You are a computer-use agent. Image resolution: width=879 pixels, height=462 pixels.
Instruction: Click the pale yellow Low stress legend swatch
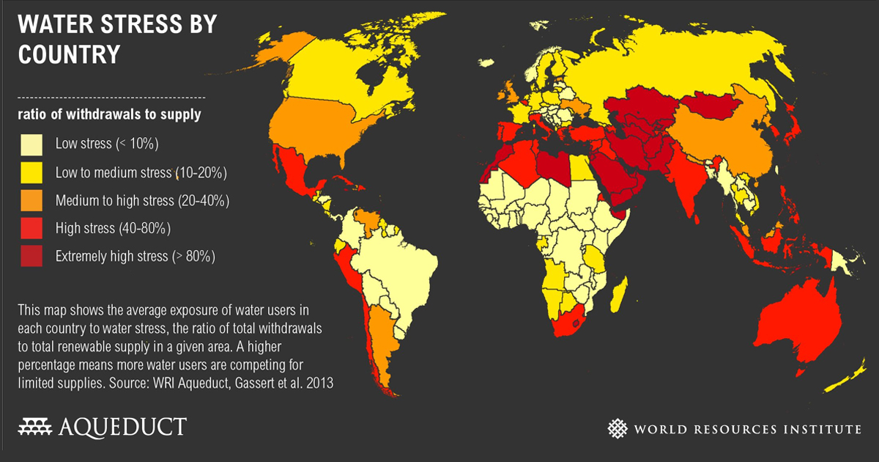pyautogui.click(x=32, y=144)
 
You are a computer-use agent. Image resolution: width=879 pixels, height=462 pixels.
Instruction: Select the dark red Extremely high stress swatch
pyautogui.click(x=32, y=257)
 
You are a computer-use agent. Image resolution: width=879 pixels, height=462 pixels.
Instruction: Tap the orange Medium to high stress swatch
pyautogui.click(x=32, y=200)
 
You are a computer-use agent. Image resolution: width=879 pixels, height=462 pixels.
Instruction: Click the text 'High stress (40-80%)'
pyautogui.click(x=113, y=229)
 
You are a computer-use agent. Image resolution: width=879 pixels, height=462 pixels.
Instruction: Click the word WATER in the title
pyautogui.click(x=51, y=24)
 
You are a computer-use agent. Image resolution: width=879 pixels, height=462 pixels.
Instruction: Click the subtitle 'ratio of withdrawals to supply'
pyautogui.click(x=109, y=114)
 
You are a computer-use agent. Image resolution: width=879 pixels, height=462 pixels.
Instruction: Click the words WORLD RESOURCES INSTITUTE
pyautogui.click(x=747, y=428)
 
